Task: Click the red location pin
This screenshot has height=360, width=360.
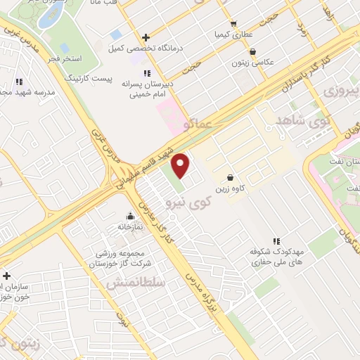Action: (x=181, y=165)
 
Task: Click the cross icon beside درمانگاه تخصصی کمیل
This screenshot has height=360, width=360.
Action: (x=146, y=37)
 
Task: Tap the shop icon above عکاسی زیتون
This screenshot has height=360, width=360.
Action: (x=252, y=51)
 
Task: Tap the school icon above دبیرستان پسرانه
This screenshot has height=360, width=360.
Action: (x=146, y=72)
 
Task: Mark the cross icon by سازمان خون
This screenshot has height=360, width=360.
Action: (x=6, y=276)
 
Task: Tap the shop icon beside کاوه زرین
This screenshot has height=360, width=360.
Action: (x=230, y=177)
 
